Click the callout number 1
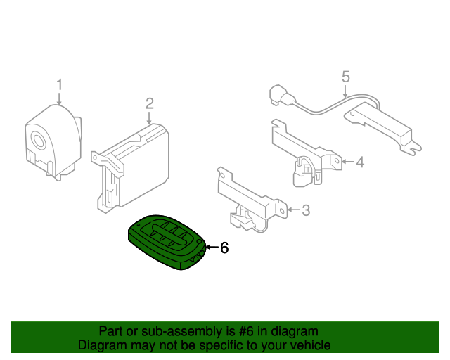(x=60, y=85)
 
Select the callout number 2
(x=149, y=103)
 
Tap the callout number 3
(x=305, y=210)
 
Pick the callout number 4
(x=359, y=162)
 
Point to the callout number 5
(x=345, y=75)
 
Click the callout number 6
(x=224, y=247)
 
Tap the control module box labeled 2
(x=137, y=165)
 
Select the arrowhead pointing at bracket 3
(x=290, y=210)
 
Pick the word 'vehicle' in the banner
(x=309, y=345)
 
